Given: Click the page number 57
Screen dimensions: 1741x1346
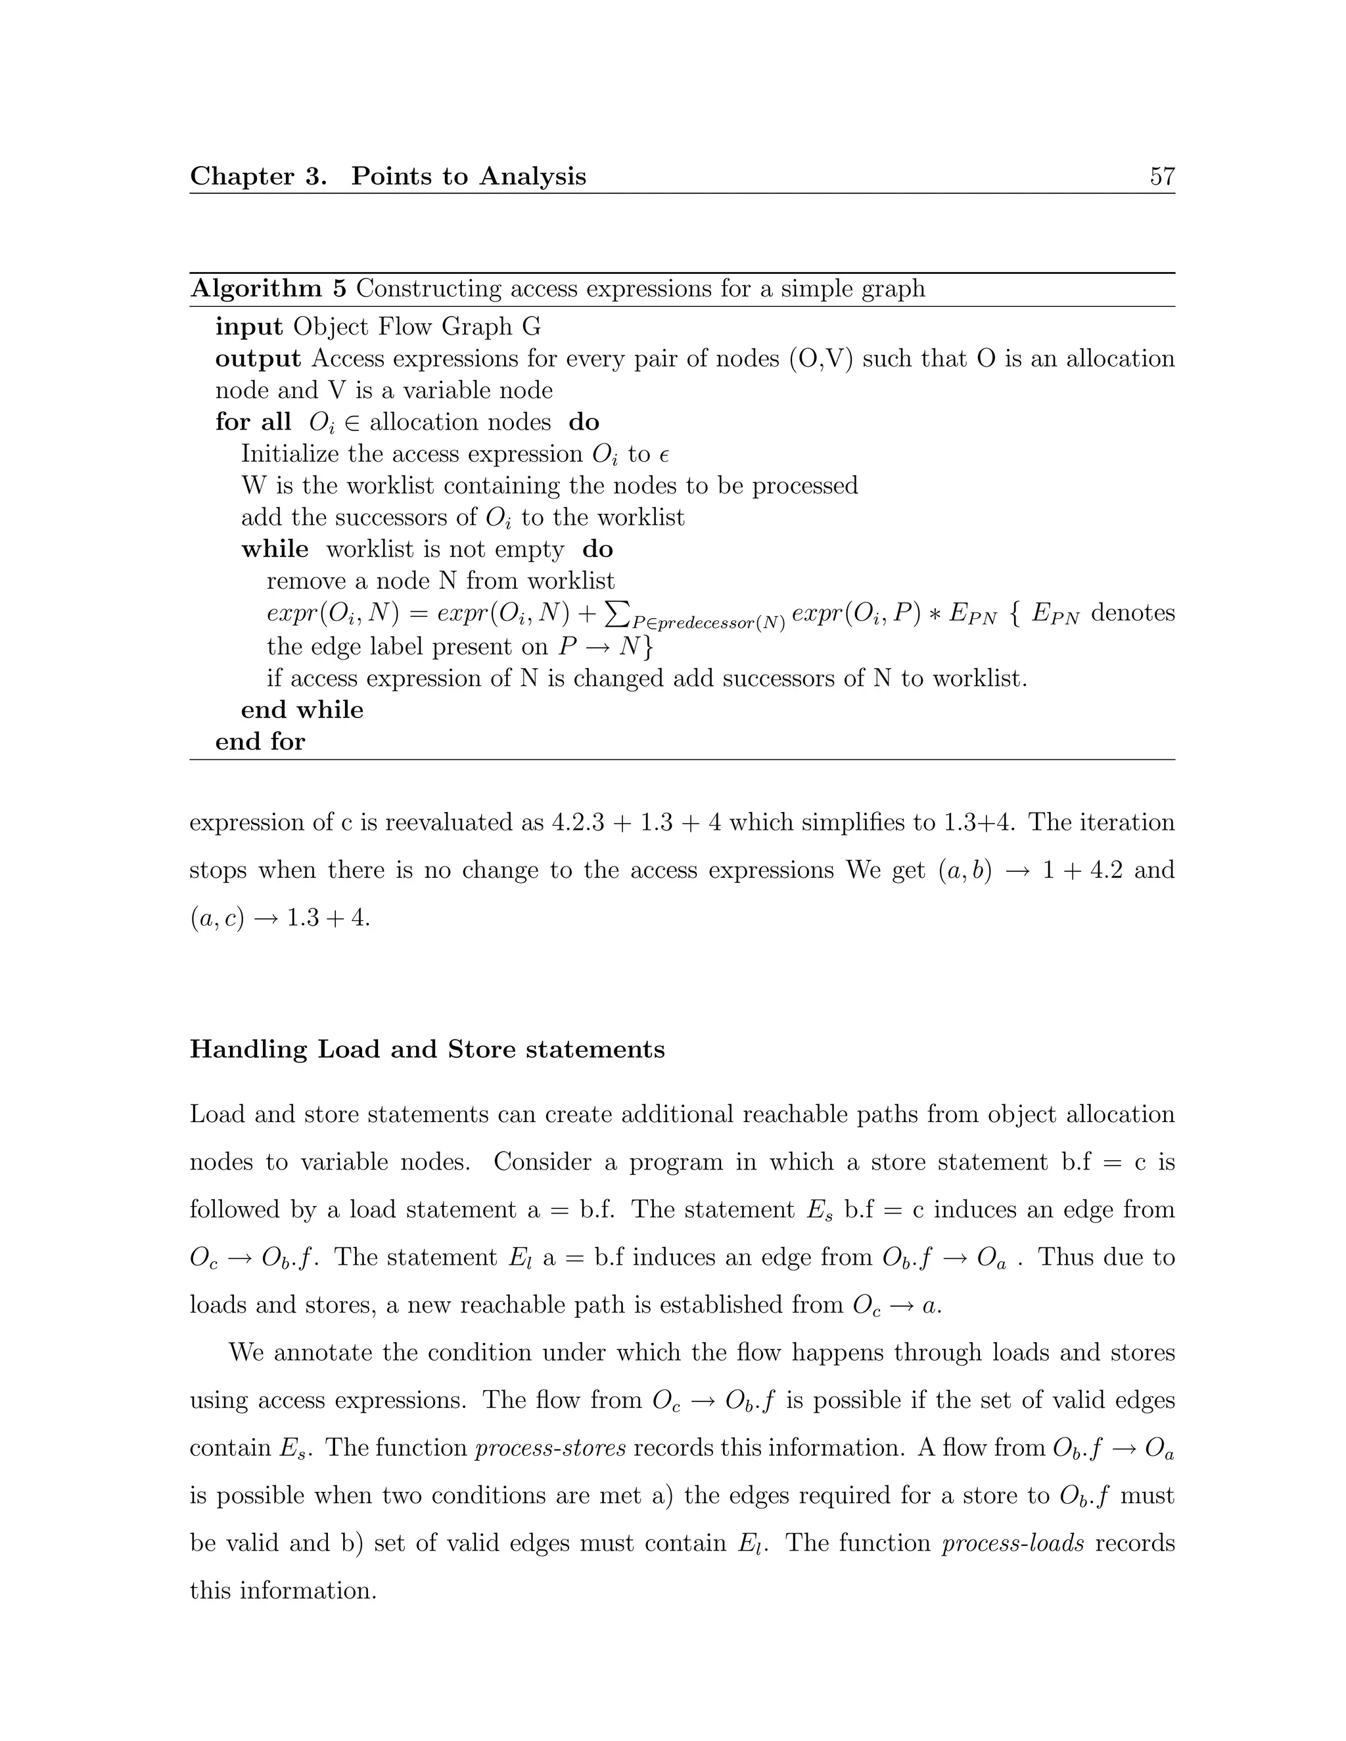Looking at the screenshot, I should (x=1162, y=176).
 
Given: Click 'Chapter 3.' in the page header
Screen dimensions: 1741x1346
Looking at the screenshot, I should (x=258, y=176).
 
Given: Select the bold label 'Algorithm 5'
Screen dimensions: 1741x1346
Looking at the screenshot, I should (x=268, y=288).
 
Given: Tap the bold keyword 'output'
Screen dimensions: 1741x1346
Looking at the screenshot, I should (x=258, y=359).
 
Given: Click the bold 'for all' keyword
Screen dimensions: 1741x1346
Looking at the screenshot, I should (x=253, y=422).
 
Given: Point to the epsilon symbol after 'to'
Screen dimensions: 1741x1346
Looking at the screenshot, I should (x=663, y=455).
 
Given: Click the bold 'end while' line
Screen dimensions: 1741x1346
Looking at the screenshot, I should (x=302, y=710).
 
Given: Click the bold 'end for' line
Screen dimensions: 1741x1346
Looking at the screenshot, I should (x=260, y=741).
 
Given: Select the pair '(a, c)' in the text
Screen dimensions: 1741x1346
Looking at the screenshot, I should (x=216, y=918).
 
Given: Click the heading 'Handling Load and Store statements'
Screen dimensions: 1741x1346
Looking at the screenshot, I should (x=427, y=1049).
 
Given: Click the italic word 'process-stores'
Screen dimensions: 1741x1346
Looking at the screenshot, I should (x=550, y=1447).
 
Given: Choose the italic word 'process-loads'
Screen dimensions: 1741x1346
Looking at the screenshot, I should (x=1013, y=1543).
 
